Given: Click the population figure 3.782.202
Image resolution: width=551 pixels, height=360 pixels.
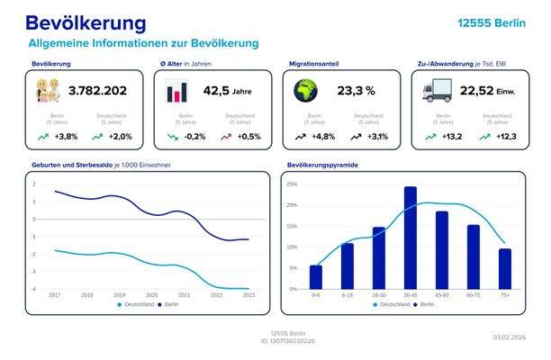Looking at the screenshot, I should (x=98, y=90).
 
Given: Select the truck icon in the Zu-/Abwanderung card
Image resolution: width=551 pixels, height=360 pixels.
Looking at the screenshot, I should (x=436, y=90).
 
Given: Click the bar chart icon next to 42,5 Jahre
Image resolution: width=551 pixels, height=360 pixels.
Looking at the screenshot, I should (x=177, y=91).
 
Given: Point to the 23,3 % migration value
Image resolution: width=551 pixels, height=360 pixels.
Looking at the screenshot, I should (x=356, y=90).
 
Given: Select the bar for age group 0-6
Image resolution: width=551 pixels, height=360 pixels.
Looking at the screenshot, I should (x=315, y=277).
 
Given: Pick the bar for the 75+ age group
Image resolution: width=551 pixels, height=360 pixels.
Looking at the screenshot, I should (x=505, y=269).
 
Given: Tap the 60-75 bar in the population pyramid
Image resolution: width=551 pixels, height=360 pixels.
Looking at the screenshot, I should (x=474, y=256).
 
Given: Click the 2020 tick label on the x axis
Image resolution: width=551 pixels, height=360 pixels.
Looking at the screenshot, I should (x=151, y=295).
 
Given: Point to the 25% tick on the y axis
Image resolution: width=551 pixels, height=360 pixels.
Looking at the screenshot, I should (x=292, y=184).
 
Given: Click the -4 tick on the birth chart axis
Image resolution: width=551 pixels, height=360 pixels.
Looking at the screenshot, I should (x=34, y=289).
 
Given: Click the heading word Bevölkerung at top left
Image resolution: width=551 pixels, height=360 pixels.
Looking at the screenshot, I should (x=86, y=22).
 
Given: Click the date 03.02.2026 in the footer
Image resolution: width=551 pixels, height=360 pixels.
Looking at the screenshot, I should (x=508, y=337).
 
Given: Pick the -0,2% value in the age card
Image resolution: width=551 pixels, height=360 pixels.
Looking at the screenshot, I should (x=194, y=137).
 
